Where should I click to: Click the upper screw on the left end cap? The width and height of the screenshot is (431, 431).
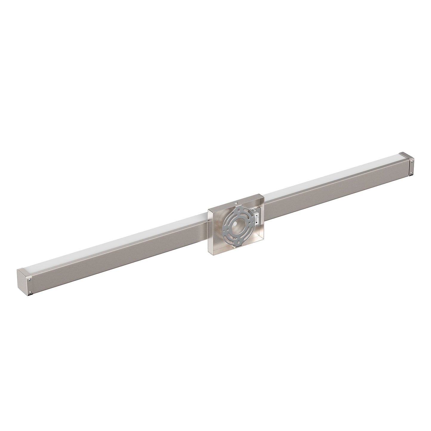[30, 279]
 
